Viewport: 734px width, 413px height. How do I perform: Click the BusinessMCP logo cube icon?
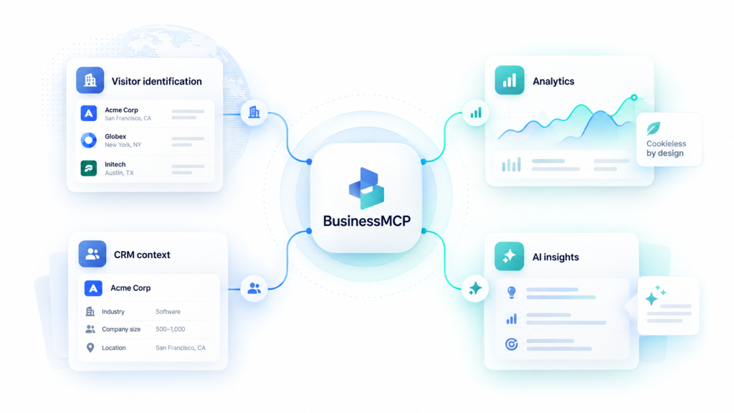pos(366,189)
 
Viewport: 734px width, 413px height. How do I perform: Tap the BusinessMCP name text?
pos(366,221)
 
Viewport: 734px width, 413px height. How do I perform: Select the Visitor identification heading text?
pos(157,82)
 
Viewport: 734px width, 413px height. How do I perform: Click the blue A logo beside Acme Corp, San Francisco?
pos(88,113)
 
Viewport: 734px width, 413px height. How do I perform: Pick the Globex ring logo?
pos(88,140)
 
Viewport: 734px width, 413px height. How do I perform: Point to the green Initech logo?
pos(88,168)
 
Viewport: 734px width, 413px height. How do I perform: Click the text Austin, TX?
pos(119,173)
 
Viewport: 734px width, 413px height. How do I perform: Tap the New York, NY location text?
pos(123,145)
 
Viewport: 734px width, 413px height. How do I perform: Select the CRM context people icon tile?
pos(92,254)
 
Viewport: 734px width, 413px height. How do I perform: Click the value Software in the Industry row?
pos(168,311)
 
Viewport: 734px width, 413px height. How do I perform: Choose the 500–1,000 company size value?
pos(171,329)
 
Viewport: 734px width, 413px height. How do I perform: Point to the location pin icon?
pos(90,348)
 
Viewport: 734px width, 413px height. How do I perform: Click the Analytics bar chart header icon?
pos(510,80)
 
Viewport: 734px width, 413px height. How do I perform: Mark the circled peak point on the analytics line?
pos(634,98)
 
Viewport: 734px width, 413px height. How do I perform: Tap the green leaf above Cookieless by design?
pos(654,128)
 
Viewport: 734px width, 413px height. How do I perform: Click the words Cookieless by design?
pos(666,148)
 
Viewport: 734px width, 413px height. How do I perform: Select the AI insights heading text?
pos(556,257)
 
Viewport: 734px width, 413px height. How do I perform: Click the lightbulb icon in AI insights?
pos(512,293)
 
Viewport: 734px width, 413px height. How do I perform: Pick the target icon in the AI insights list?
pos(512,344)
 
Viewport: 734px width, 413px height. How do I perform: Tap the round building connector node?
pos(254,113)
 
